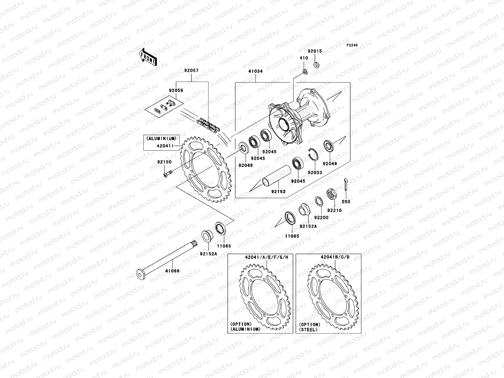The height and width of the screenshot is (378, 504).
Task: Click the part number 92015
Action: pyautogui.click(x=315, y=51)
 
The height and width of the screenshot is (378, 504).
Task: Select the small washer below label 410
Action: pyautogui.click(x=305, y=72)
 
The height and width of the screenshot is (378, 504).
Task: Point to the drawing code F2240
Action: pyautogui.click(x=352, y=45)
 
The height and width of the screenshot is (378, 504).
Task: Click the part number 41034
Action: pyautogui.click(x=255, y=72)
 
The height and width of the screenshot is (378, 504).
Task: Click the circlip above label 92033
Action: pyautogui.click(x=314, y=155)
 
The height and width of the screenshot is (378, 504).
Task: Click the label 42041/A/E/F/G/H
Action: pyautogui.click(x=267, y=257)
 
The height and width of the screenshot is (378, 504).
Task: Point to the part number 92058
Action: pyautogui.click(x=175, y=90)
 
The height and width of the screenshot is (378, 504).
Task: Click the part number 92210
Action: pyautogui.click(x=334, y=210)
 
